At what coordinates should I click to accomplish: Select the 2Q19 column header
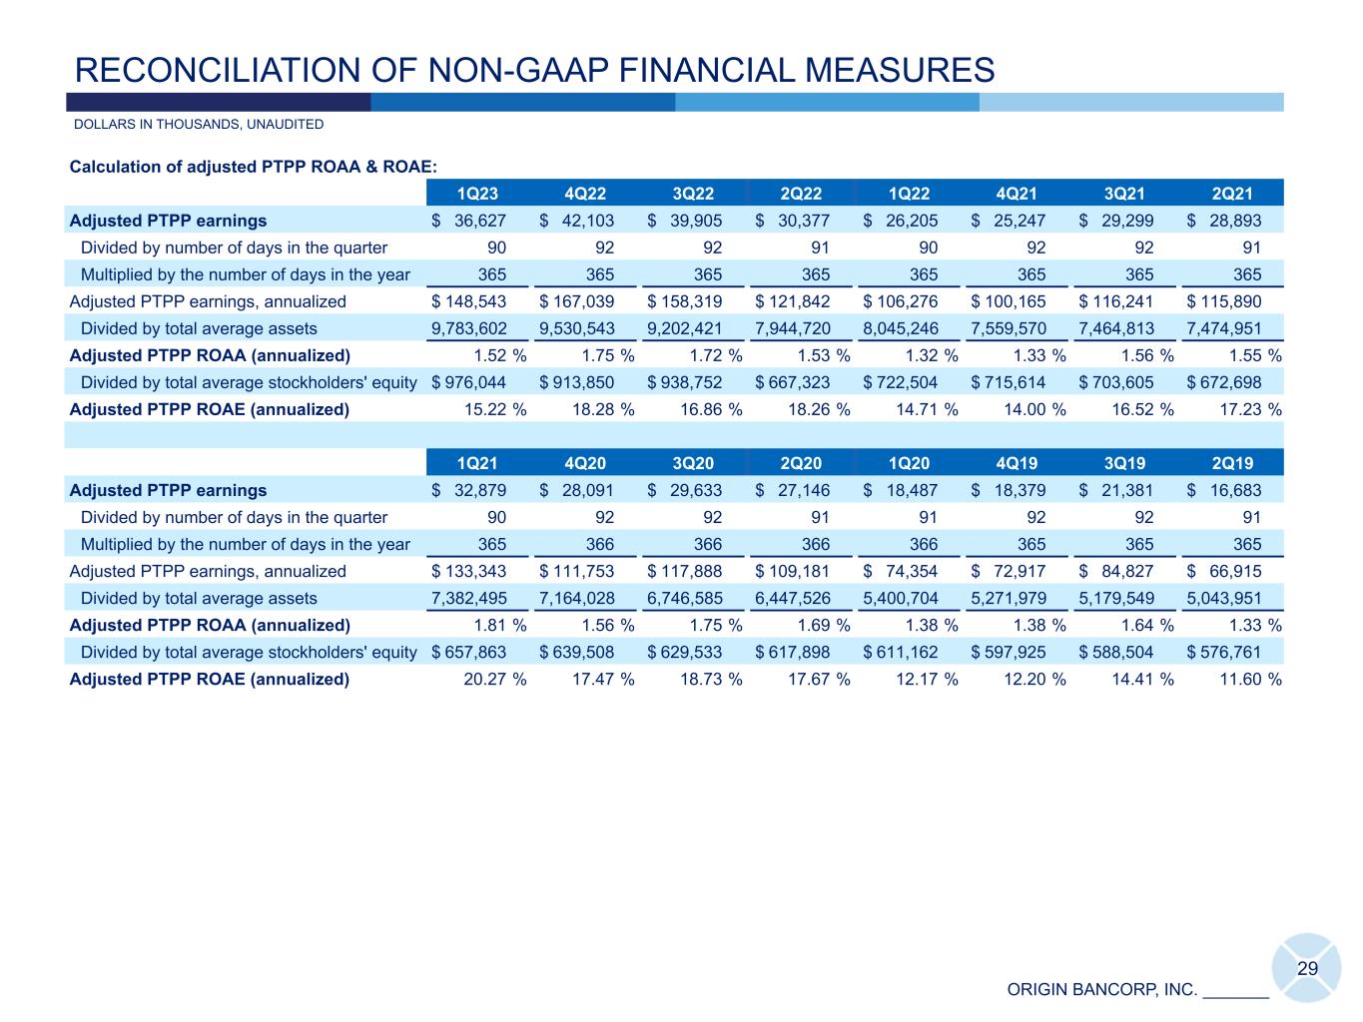[x=1232, y=463]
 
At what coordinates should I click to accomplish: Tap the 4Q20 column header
[x=585, y=463]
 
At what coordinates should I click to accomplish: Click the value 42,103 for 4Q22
[x=585, y=221]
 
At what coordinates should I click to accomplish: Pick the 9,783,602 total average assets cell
[x=469, y=328]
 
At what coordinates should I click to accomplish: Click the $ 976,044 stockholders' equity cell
[x=469, y=382]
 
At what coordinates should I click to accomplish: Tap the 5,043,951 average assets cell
[x=1224, y=599]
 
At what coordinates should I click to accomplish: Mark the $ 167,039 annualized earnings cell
[x=577, y=301]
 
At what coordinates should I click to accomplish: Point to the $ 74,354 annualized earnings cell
[x=901, y=572]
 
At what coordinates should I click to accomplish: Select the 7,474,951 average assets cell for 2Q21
[x=1224, y=328]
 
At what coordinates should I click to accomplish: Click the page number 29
[x=1307, y=969]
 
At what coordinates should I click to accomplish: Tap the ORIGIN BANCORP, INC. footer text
[x=1101, y=990]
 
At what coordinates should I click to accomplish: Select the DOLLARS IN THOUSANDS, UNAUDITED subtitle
[x=199, y=125]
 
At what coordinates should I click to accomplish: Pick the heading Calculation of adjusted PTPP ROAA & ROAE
[x=254, y=167]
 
